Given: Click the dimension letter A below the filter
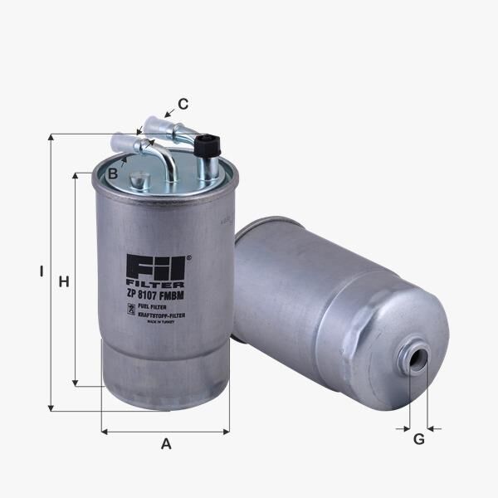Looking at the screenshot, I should click(166, 444).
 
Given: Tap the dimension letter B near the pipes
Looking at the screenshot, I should click(112, 173).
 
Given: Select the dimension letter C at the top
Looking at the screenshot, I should click(183, 104).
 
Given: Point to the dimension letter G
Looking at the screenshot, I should click(418, 439).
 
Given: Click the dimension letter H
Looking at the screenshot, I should click(63, 282).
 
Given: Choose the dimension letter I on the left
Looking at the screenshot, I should click(40, 271).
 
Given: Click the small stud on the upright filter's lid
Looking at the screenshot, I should click(139, 178).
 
